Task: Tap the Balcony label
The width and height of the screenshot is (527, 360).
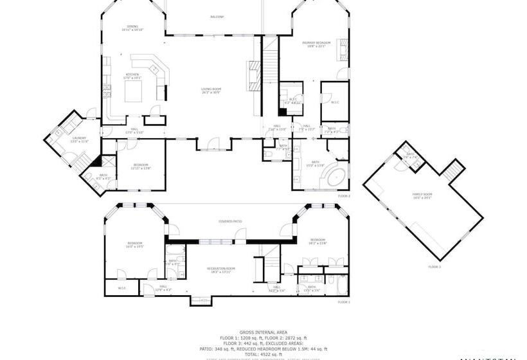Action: click(217, 17)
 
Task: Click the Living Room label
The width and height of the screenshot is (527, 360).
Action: click(210, 91)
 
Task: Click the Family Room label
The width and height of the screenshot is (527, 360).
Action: click(422, 195)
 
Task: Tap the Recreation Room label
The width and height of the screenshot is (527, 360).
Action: click(220, 269)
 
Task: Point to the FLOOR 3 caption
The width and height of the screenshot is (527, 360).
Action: click(434, 266)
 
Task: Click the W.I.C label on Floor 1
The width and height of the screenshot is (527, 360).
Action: click(122, 288)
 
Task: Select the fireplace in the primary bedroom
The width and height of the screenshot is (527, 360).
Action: click(343, 50)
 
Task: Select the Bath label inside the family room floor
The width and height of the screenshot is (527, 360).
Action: click(409, 156)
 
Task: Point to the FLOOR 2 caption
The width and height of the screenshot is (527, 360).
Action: click(344, 195)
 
